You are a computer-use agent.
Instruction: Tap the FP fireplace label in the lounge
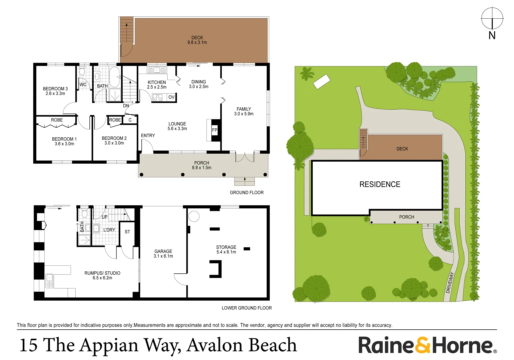pos(215,130)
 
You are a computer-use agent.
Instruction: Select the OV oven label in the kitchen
pos(171,97)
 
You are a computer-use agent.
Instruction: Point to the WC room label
pos(83,85)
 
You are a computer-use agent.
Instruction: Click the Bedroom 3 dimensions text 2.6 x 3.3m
pos(55,94)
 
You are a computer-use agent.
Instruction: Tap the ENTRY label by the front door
pos(148,135)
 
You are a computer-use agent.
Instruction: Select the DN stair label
pos(126,106)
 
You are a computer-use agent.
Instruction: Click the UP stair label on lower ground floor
pos(105,217)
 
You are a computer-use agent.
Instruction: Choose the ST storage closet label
pos(127,232)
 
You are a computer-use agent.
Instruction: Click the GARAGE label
pos(163,251)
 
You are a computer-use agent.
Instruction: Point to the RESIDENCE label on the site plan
pos(380,184)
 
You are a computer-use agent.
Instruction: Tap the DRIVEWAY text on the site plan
pos(450,283)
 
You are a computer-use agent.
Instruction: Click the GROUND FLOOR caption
pos(247,193)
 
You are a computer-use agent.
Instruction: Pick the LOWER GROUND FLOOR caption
pos(247,308)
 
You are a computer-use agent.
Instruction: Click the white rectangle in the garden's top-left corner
pos(322,81)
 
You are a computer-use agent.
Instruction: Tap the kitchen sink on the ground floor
pos(157,70)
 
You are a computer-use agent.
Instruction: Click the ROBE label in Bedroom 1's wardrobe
pos(57,120)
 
